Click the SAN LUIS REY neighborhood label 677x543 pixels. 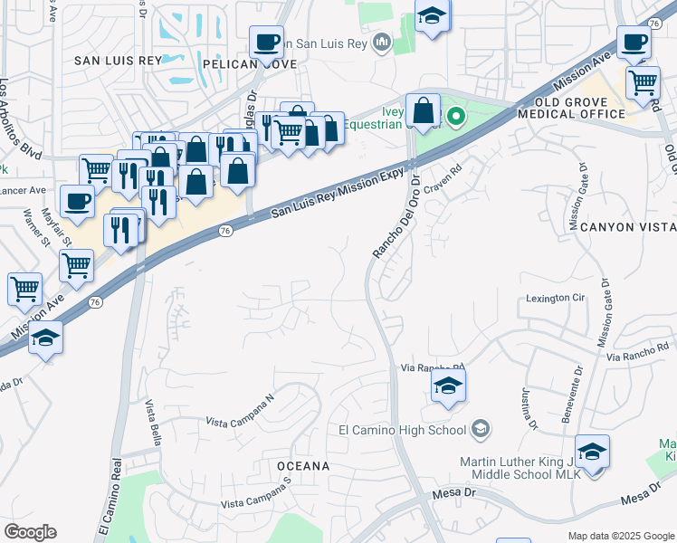(118, 60)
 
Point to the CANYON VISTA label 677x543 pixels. (628, 226)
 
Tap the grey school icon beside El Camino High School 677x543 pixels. (482, 430)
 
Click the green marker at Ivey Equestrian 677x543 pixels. (457, 116)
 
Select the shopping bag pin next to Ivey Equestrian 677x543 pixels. (423, 110)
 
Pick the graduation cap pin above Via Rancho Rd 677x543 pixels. (447, 386)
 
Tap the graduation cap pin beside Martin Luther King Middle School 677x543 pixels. (592, 451)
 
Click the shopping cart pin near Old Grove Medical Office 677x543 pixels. (643, 82)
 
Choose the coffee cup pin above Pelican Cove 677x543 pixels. (265, 42)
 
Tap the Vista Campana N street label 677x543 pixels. (239, 411)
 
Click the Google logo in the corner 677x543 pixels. (30, 532)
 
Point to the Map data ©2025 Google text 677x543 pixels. (620, 536)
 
